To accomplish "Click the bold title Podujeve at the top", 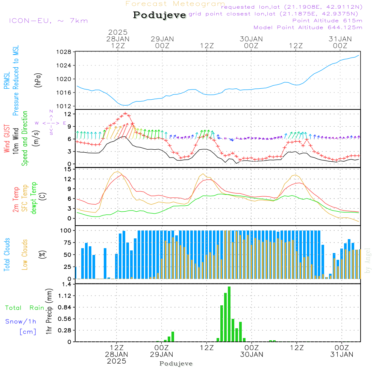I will click(x=160, y=15).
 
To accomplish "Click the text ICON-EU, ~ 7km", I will click(x=48, y=21).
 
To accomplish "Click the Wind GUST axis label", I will click(x=7, y=139).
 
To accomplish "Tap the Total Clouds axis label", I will click(x=7, y=255).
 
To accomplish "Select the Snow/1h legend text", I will click(x=21, y=321).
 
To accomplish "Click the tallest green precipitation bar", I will click(x=229, y=314).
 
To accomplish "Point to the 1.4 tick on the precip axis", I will click(x=66, y=284).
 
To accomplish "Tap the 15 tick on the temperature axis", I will click(x=68, y=169).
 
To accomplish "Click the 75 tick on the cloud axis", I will click(x=68, y=243).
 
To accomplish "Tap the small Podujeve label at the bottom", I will click(x=176, y=364).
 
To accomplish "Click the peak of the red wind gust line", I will click(x=125, y=113).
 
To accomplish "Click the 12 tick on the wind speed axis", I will click(x=68, y=114).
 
